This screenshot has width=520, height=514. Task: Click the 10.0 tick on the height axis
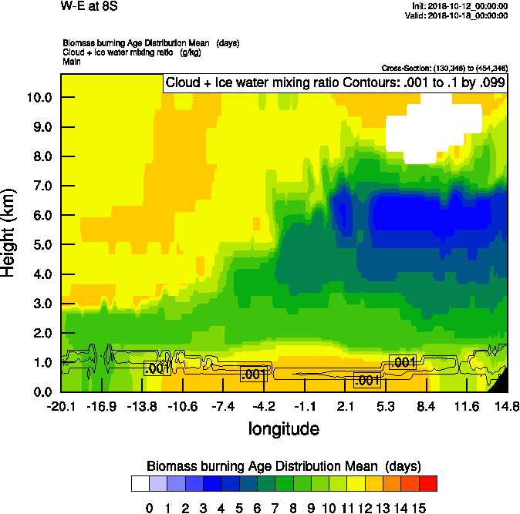pos(39,98)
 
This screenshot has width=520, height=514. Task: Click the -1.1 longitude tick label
pos(305,407)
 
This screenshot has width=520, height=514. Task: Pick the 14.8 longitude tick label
pos(507,407)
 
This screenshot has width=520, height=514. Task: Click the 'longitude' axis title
pos(283,428)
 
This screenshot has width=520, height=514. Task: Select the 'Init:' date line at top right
pos(460,6)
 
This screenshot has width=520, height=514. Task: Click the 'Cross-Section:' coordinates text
pos(444,68)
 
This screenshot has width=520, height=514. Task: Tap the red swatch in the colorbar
pos(427,484)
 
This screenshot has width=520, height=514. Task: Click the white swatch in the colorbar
pos(140,484)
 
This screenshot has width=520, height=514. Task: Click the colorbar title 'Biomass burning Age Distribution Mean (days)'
pos(283,466)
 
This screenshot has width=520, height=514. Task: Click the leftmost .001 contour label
pos(157,368)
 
